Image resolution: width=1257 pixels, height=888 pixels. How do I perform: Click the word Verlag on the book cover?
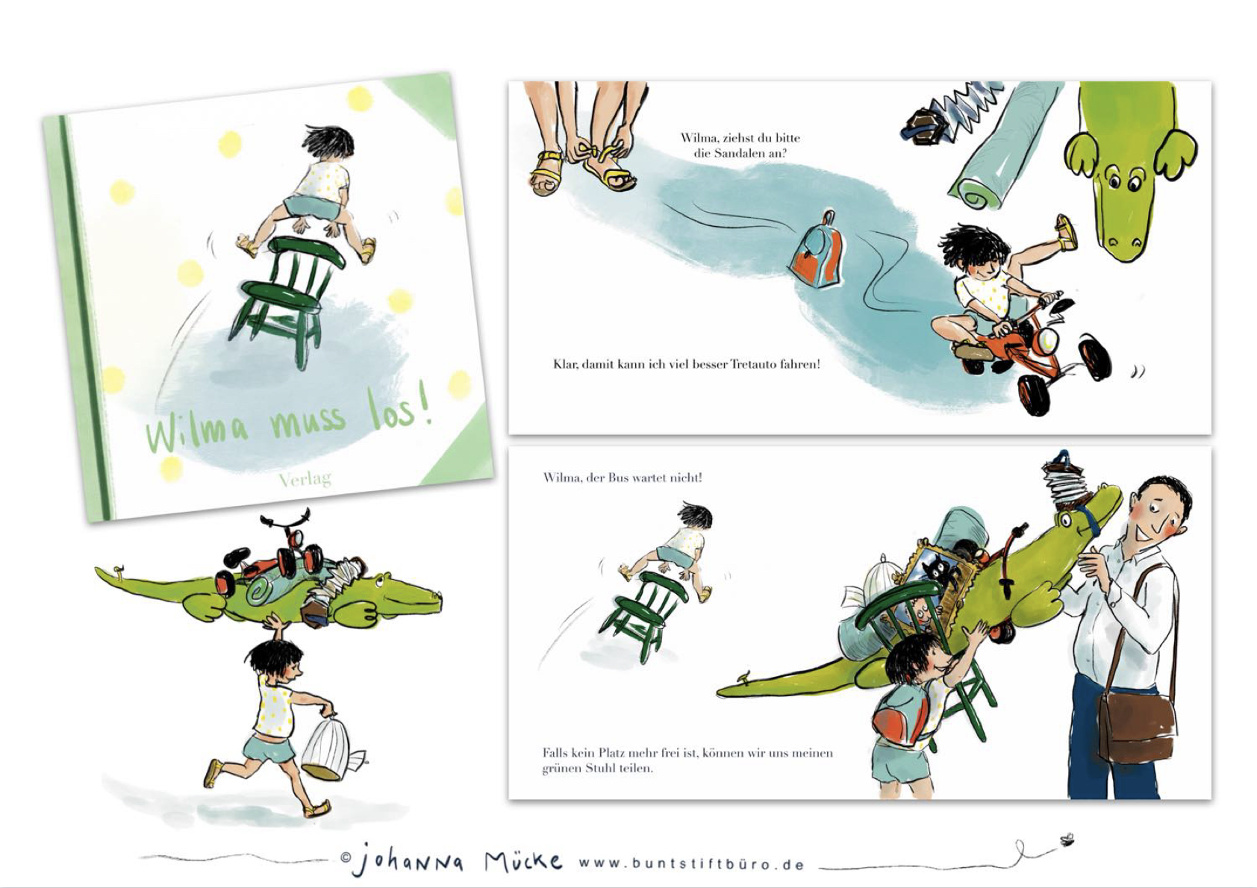click(305, 478)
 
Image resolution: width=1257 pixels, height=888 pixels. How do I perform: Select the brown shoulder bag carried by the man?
click(1137, 727)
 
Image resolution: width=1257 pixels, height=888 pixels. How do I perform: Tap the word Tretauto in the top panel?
click(754, 364)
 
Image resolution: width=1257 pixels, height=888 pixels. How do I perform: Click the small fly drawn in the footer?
click(1066, 839)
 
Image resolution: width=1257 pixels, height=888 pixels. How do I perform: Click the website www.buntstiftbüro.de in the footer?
click(692, 864)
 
